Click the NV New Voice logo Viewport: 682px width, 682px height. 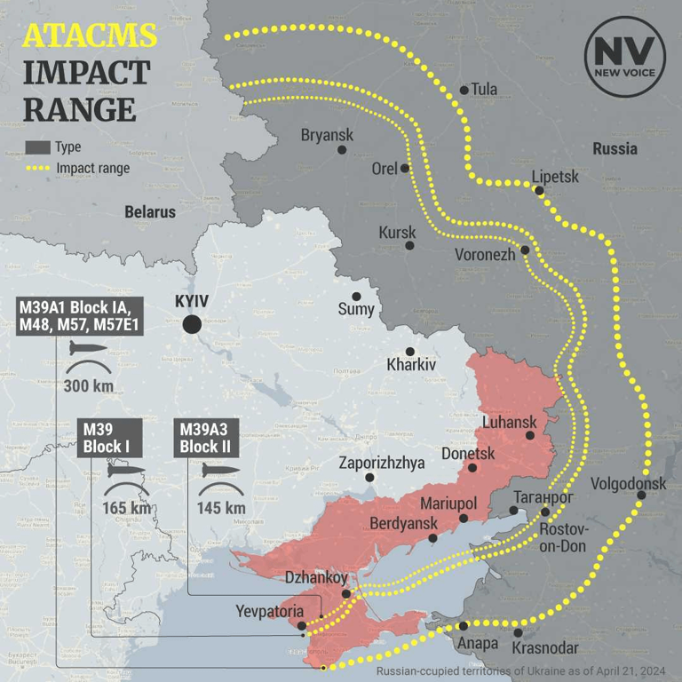point(624,56)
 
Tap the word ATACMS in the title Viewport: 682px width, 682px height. point(90,36)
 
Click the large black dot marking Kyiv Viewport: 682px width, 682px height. point(191,324)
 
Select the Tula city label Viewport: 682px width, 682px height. point(484,89)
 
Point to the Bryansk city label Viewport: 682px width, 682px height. point(327,135)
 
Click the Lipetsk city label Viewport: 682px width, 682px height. point(555,177)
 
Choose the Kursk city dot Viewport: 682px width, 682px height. point(409,246)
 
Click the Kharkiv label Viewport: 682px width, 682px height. point(411,365)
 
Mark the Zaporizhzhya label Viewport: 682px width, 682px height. point(382,463)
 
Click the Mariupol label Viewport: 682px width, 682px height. point(448,504)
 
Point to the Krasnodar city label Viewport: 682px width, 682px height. point(546,648)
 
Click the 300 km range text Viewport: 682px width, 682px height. point(87,385)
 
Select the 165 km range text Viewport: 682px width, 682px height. point(127,508)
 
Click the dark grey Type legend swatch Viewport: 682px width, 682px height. point(37,147)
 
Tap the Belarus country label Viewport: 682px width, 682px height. point(149,212)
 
